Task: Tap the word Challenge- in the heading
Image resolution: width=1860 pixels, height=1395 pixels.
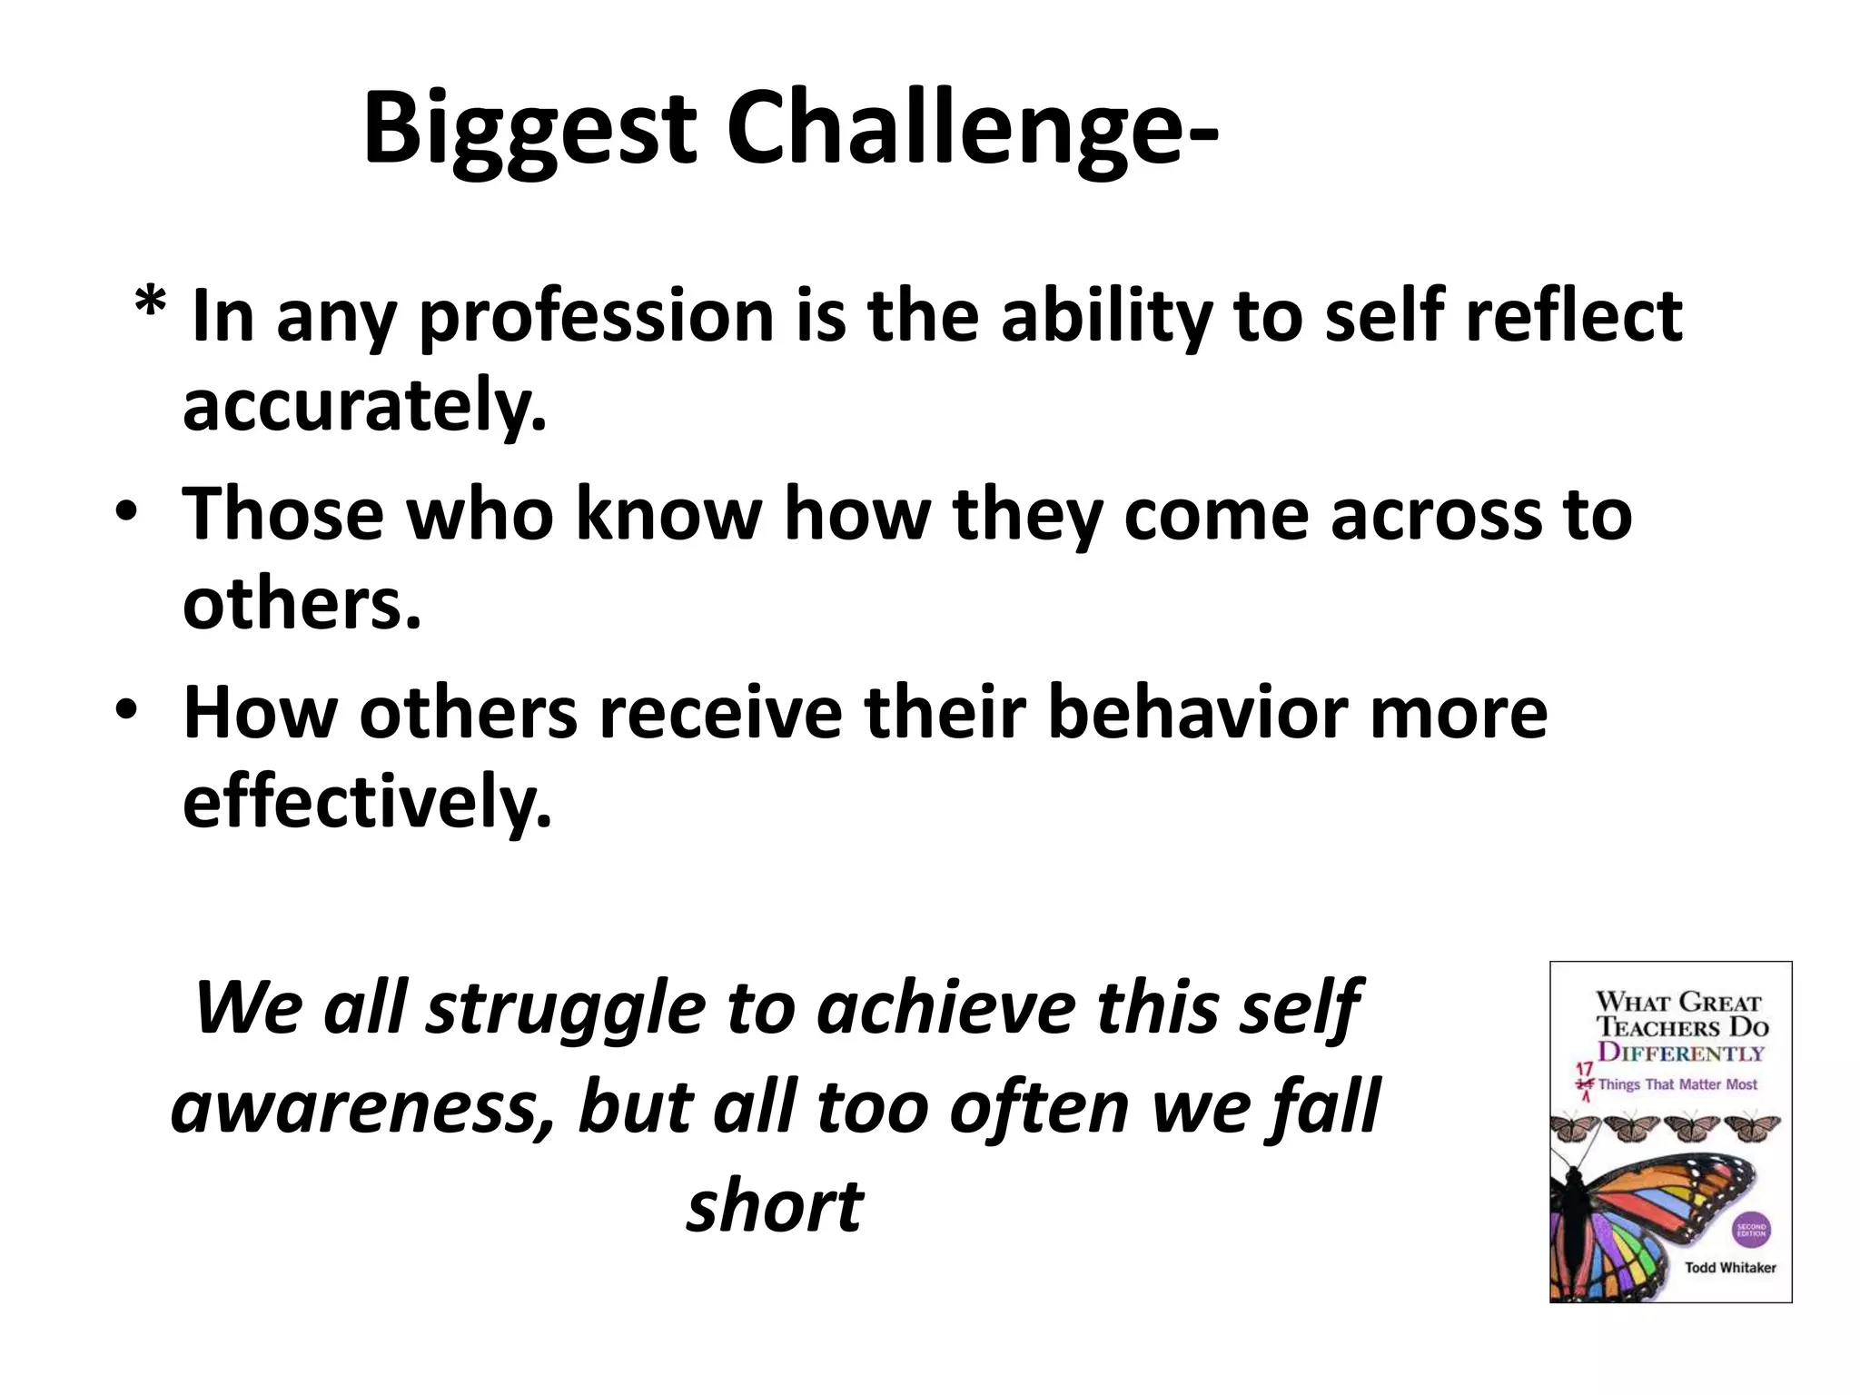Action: [x=971, y=130]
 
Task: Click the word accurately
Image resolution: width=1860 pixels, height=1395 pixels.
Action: [x=364, y=406]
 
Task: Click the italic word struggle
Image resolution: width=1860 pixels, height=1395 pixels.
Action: [x=566, y=1008]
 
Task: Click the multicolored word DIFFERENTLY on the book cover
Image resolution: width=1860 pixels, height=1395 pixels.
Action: [x=1681, y=1053]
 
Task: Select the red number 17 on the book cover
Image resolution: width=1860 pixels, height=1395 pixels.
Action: [x=1584, y=1070]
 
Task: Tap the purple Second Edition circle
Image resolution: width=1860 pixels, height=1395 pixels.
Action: [x=1751, y=1232]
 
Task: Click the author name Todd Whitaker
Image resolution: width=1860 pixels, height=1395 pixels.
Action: [x=1730, y=1268]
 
